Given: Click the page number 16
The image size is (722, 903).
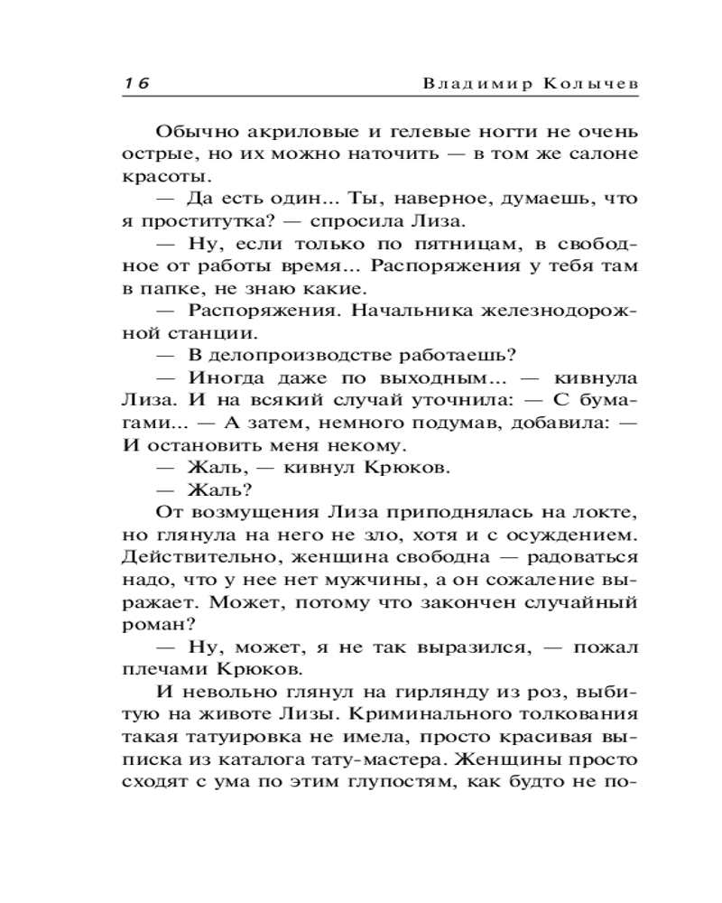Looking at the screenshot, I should (x=136, y=81).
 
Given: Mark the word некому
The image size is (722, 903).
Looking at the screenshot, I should (x=366, y=445).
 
